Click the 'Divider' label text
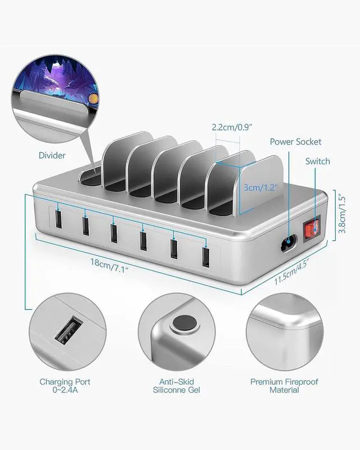(52, 155)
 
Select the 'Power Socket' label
(295, 142)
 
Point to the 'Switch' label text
(318, 161)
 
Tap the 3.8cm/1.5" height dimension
(341, 214)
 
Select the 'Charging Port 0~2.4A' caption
(65, 386)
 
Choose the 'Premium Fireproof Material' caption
(284, 386)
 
